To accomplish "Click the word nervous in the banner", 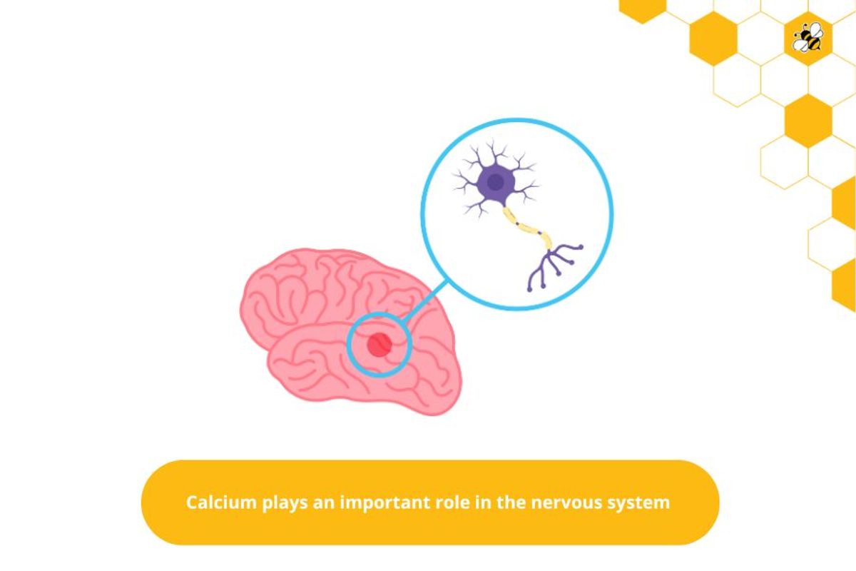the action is tap(564, 502).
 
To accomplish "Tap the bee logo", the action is tap(808, 37).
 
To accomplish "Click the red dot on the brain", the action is tap(379, 345).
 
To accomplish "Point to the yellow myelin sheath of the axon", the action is tap(528, 228).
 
